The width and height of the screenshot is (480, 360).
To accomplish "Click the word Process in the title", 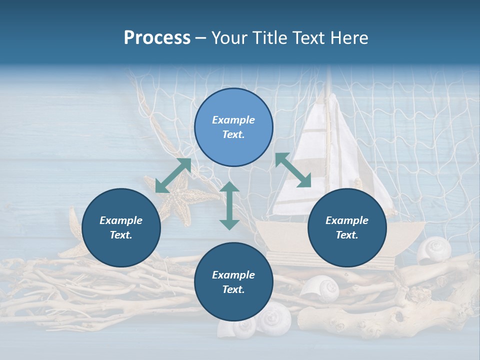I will (x=157, y=38).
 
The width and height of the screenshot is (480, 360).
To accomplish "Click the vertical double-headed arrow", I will (x=229, y=205).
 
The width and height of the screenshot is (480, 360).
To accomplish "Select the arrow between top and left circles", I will (x=173, y=175).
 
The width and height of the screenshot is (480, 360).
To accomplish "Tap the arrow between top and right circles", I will (x=293, y=170).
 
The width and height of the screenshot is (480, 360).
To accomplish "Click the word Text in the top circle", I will (x=233, y=134).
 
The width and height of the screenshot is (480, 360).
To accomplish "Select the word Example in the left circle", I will (x=120, y=220).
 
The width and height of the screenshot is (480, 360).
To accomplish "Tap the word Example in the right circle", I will (x=346, y=220).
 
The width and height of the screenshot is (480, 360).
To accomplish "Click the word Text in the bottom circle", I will (x=233, y=289).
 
